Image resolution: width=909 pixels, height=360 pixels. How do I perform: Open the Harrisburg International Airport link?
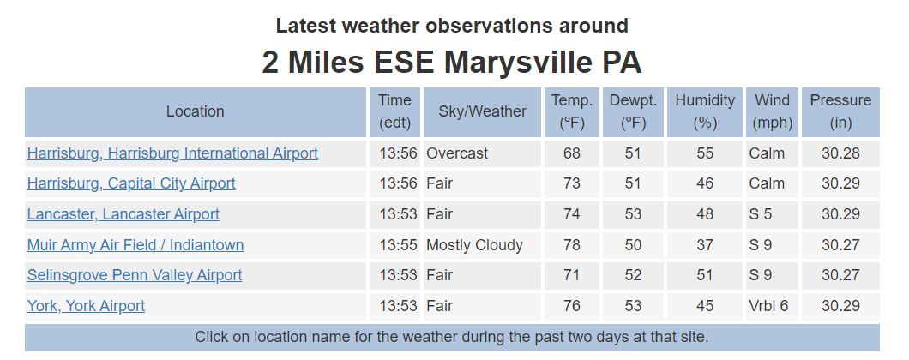point(172,153)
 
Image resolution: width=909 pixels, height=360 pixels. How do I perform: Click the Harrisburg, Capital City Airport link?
point(131,183)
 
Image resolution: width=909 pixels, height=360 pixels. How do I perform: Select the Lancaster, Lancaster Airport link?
point(123,214)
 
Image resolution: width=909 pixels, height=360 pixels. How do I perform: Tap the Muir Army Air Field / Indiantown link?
point(135,245)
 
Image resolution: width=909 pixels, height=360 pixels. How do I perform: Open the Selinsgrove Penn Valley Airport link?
point(135,275)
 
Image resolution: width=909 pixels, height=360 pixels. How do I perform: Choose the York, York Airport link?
point(86,306)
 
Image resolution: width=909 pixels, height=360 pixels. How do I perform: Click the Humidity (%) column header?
point(705,112)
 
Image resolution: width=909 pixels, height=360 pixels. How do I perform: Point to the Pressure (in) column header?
point(840,112)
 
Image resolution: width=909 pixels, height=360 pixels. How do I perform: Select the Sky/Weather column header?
point(482,112)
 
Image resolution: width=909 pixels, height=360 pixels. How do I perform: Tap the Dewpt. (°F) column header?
point(633,112)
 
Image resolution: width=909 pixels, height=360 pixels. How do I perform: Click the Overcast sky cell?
point(457,153)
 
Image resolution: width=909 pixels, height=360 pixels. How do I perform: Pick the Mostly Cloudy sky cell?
point(475,245)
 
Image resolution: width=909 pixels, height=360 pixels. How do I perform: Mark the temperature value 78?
point(572,245)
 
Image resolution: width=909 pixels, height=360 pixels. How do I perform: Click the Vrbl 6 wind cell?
point(768,306)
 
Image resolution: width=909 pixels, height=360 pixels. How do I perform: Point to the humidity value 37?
point(705,245)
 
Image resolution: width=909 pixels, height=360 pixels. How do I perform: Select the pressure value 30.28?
point(840,153)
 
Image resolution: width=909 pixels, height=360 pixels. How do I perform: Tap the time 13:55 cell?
point(398,245)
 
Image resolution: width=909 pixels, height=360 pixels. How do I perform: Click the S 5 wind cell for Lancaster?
point(761,214)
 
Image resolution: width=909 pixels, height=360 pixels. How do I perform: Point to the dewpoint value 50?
point(633,245)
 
